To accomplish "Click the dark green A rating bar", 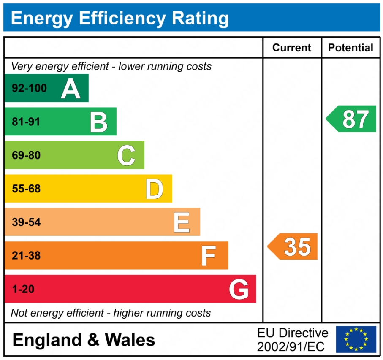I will [46, 88].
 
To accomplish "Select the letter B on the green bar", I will [99, 122].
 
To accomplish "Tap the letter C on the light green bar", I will [126, 155].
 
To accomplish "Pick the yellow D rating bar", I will [88, 189].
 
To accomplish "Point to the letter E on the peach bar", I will [182, 222].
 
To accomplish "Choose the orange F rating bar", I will [116, 255].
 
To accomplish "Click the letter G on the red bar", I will [239, 289].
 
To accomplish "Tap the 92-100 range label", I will [29, 89].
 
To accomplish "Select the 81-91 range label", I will [26, 122].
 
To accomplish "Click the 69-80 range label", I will [26, 155].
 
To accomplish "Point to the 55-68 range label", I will [26, 189].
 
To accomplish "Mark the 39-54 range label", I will [26, 222].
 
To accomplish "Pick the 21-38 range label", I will [26, 255].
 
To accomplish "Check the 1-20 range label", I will [23, 289].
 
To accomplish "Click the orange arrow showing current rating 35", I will [293, 246].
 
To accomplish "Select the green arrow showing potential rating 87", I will [351, 119].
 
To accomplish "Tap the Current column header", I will [292, 48].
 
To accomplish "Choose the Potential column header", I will [350, 48].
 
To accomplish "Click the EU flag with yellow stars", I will [356, 339].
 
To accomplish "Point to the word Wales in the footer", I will [130, 340].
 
